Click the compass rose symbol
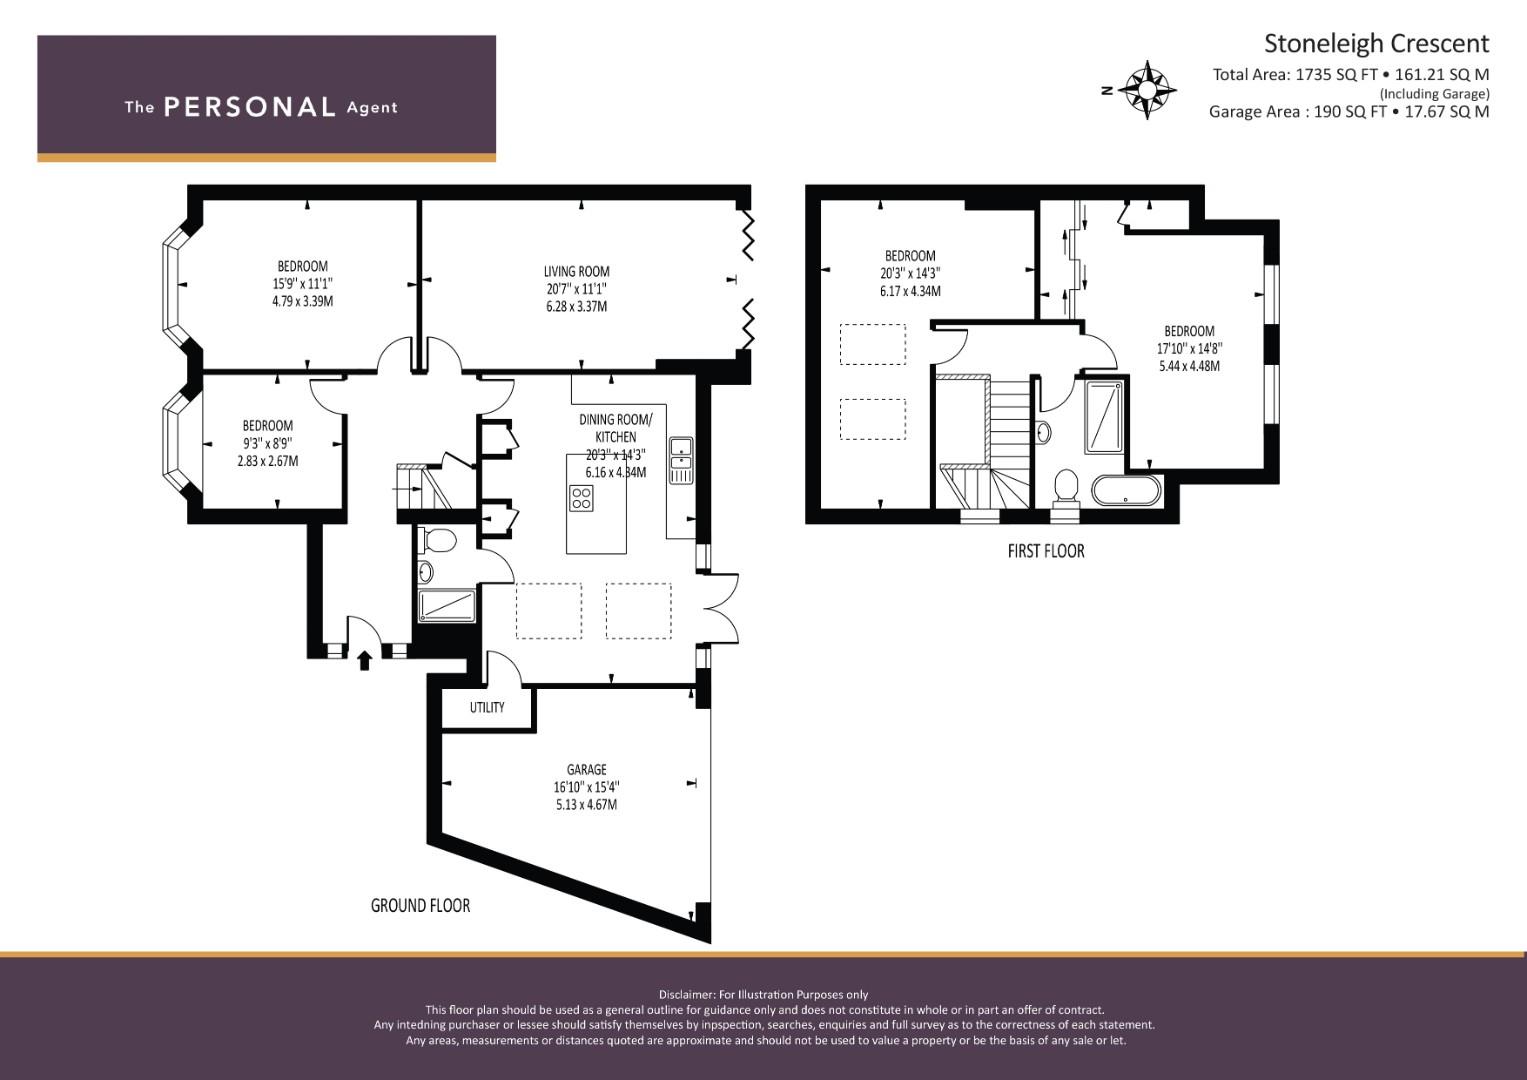[x=1147, y=90]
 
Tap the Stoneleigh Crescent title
[x=1376, y=44]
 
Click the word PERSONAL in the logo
[x=250, y=107]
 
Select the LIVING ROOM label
[x=577, y=271]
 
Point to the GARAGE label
[x=586, y=770]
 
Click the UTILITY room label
[x=487, y=707]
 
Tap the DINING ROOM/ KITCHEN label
[x=616, y=428]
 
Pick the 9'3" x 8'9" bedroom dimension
[x=268, y=443]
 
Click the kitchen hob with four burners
[x=581, y=498]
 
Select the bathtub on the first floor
[x=1126, y=490]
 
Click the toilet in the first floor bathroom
[x=1065, y=489]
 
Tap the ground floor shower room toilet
[x=439, y=541]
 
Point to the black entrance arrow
[x=365, y=660]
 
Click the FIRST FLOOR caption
[x=1046, y=551]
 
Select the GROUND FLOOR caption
[x=421, y=905]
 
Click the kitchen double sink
[x=681, y=460]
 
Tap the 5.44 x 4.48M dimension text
[x=1190, y=366]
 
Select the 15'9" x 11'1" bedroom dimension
[x=303, y=284]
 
